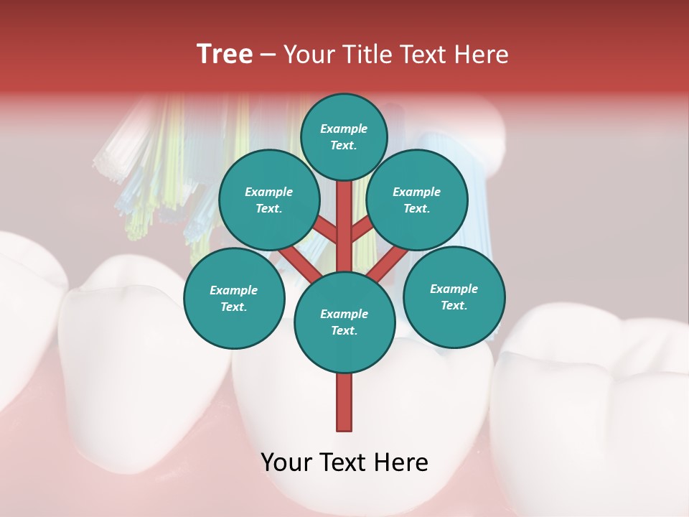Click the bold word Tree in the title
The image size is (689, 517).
tap(225, 55)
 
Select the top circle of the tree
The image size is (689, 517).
tap(344, 136)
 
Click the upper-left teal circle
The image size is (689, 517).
tap(268, 200)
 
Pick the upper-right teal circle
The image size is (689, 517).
tap(416, 200)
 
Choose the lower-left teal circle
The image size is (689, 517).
tap(233, 298)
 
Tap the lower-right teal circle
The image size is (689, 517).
tap(454, 297)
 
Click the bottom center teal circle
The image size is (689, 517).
tap(344, 322)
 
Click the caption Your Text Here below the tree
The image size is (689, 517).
tap(344, 462)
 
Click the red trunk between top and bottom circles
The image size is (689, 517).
tap(344, 230)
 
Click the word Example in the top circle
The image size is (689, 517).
tap(344, 129)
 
